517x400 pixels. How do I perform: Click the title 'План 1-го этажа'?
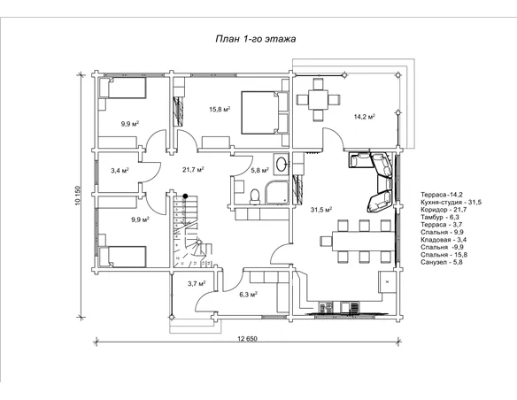(256, 39)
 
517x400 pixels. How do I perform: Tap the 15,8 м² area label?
(220, 109)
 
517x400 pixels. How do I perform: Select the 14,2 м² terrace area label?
(365, 117)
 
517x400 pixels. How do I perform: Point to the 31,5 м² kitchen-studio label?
(321, 210)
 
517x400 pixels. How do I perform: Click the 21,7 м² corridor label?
(193, 170)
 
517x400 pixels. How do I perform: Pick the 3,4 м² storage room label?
(120, 171)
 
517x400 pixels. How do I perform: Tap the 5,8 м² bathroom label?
(259, 170)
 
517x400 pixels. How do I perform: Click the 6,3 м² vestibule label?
(248, 294)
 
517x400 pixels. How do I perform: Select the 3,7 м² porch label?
(197, 283)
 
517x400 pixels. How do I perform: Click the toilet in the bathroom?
(255, 196)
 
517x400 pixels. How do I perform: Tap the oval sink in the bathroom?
(282, 165)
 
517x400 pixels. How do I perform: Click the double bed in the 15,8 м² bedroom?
(265, 112)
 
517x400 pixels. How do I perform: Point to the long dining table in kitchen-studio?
(363, 242)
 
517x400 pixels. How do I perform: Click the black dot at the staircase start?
(186, 196)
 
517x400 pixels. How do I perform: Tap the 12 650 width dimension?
(247, 338)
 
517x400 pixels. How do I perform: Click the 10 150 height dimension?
(78, 196)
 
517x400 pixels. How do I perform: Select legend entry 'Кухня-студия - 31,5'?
(451, 202)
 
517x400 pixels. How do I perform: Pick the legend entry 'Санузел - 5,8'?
(442, 262)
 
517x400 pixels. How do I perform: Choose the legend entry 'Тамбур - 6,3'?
(440, 217)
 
